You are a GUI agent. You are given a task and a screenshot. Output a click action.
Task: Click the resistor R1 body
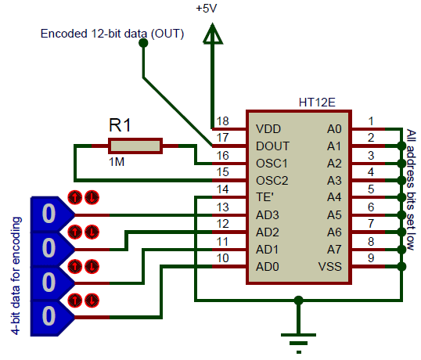tap(135, 145)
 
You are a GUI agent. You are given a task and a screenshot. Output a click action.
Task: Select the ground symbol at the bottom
tap(297, 335)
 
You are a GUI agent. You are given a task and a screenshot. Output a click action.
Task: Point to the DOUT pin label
tap(272, 146)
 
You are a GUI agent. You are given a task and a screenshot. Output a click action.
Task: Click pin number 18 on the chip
tap(223, 121)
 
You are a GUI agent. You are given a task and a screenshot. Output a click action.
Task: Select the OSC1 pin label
tap(272, 164)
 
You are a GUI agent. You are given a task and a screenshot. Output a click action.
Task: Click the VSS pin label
tap(329, 267)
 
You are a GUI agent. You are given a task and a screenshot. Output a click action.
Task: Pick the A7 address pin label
tap(334, 250)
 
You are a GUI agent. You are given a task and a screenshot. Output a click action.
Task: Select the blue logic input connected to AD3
tap(49, 213)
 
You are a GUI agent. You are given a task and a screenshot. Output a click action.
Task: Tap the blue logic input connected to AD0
tap(49, 316)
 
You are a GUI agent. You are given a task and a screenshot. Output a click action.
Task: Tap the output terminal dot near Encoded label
tap(142, 43)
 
